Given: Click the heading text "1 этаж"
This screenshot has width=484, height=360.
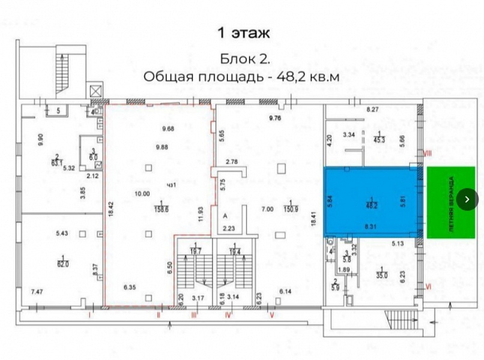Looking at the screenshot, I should pos(243,32).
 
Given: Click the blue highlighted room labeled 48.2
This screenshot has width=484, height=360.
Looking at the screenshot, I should pos(371,203).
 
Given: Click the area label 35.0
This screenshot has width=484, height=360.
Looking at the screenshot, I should pos(382,276).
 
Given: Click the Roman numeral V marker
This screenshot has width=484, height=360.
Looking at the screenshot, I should pos(272,313).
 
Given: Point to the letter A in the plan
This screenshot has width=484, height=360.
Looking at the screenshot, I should pos(224,215).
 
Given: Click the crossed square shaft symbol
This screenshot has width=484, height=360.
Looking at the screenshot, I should pos(95,91).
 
